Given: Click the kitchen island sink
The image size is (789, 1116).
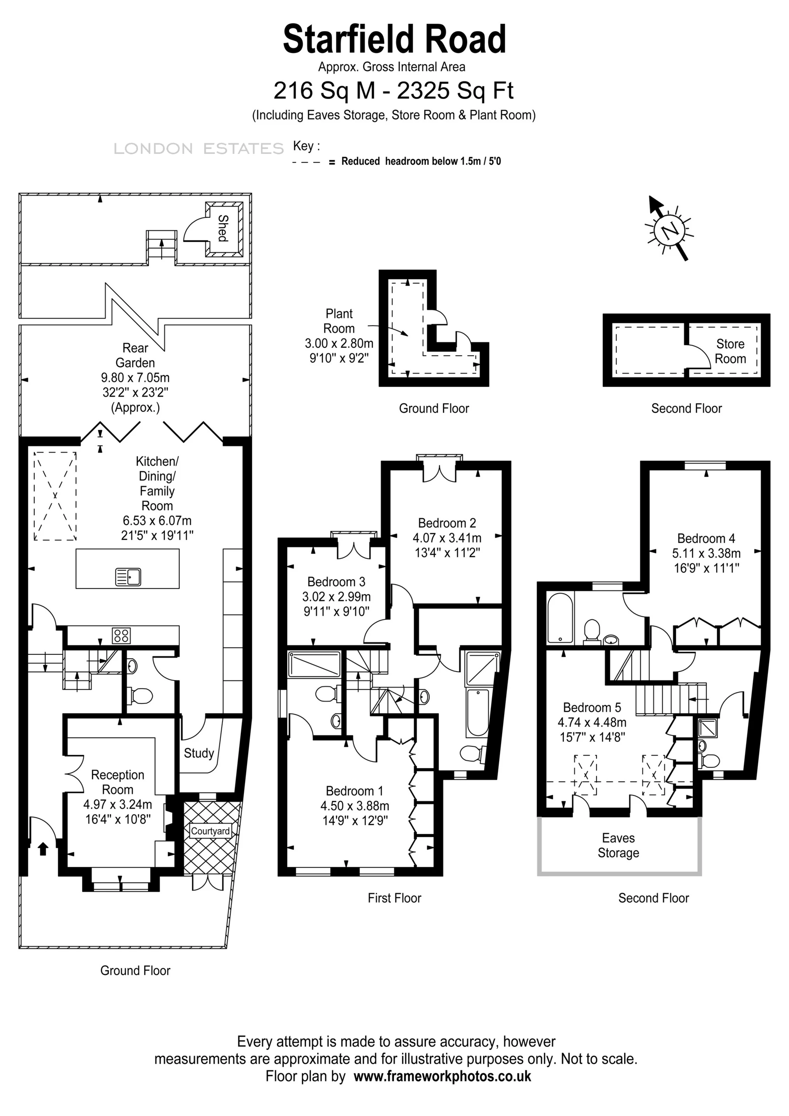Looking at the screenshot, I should tap(128, 577).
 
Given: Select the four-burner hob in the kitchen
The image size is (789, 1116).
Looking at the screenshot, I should tap(121, 635).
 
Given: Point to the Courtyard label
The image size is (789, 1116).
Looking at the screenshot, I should tap(210, 831).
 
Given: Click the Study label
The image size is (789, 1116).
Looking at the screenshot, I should tap(199, 753).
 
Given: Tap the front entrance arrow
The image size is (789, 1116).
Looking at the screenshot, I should tap(43, 849).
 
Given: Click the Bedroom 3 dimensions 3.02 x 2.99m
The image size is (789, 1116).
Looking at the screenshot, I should tap(336, 596).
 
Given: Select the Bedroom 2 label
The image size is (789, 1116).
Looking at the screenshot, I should tap(447, 523).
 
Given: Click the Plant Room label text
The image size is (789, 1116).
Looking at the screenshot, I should tap(339, 321).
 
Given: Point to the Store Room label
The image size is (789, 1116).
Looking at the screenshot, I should tap(730, 351).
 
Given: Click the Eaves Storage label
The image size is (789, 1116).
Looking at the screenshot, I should tap(618, 845).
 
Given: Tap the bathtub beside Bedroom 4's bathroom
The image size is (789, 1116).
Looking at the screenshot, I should tap(560, 618).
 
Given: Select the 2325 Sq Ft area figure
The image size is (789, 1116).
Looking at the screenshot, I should tap(455, 90).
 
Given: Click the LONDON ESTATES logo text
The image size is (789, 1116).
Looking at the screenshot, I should tap(198, 149).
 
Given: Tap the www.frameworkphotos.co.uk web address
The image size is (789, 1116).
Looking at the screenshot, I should tap(442, 1076).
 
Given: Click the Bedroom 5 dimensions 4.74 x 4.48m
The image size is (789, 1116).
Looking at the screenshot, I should tap(591, 722).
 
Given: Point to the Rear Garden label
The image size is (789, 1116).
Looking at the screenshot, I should tap(135, 355).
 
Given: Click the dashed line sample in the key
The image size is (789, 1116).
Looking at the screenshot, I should tap(306, 162).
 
